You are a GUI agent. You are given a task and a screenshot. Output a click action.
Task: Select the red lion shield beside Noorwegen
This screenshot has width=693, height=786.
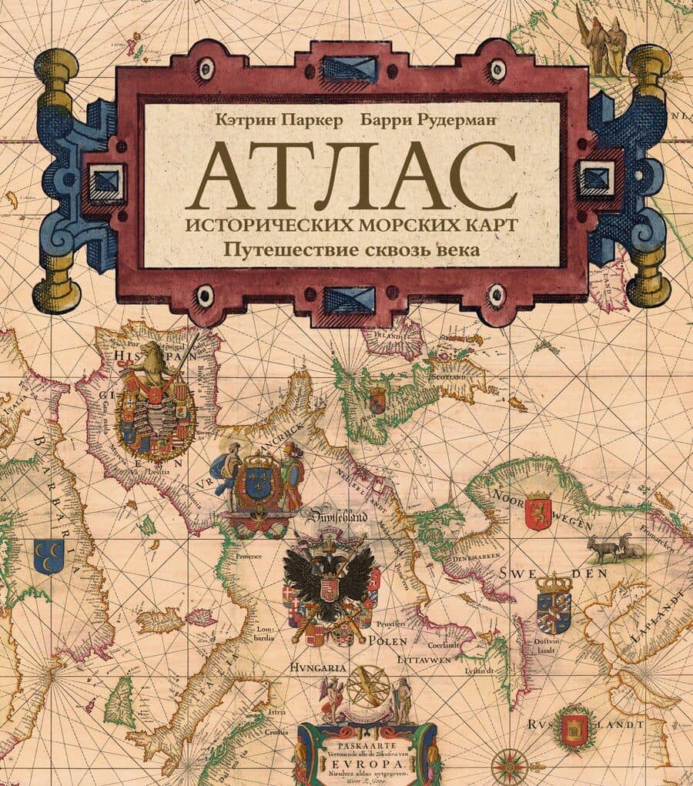tap(537, 511)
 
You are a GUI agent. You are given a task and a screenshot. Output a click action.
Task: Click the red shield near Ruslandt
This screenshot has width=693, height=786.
tap(574, 727)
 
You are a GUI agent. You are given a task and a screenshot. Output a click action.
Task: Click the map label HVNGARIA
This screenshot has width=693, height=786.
tap(318, 667)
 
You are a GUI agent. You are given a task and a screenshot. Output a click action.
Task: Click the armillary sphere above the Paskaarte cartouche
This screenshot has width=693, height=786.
tap(367, 685)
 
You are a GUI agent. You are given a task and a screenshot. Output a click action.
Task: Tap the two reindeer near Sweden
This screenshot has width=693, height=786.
tap(615, 547)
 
